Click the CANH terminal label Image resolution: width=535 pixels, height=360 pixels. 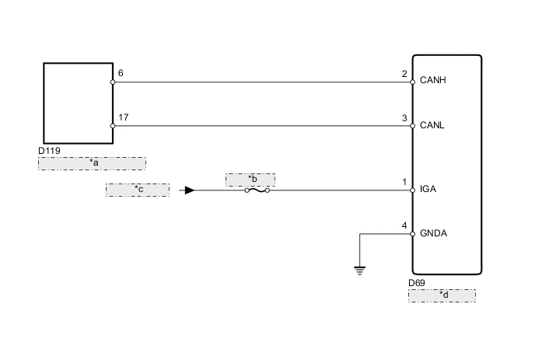[x=433, y=80]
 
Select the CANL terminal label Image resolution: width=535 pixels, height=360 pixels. [x=432, y=124]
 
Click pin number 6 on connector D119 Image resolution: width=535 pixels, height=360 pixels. [x=120, y=73]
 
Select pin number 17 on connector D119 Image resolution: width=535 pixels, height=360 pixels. [x=123, y=117]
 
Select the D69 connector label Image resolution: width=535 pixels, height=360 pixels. [x=417, y=284]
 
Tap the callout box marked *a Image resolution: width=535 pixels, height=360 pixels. [x=92, y=163]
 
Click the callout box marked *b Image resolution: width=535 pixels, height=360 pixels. [x=250, y=180]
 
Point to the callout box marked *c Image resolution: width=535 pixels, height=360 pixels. [x=138, y=189]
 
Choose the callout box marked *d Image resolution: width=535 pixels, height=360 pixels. [x=442, y=295]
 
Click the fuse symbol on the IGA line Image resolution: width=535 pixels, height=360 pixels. [x=257, y=190]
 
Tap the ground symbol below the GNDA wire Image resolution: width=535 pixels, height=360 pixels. [x=359, y=270]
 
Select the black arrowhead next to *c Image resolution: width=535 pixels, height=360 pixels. [x=189, y=190]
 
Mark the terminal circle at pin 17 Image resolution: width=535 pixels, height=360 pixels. [x=113, y=124]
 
